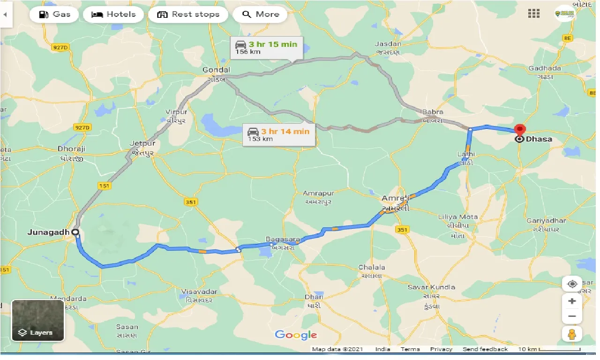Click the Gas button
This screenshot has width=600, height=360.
[x=54, y=14]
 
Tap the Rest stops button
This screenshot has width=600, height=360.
[x=188, y=14]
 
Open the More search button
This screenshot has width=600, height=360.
[x=261, y=14]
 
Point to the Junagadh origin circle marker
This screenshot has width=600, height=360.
[x=75, y=232]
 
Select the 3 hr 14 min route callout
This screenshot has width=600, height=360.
[x=279, y=135]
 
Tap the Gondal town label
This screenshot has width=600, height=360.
[x=213, y=70]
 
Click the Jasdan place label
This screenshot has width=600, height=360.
[x=388, y=44]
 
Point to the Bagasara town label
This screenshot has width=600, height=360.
[x=283, y=239]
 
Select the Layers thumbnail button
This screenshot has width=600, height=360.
[x=37, y=320]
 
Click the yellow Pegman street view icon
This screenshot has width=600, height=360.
[x=572, y=334]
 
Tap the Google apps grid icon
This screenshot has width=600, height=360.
[x=534, y=14]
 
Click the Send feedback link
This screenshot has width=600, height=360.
[x=485, y=349]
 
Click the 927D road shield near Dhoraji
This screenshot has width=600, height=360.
[x=82, y=127]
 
